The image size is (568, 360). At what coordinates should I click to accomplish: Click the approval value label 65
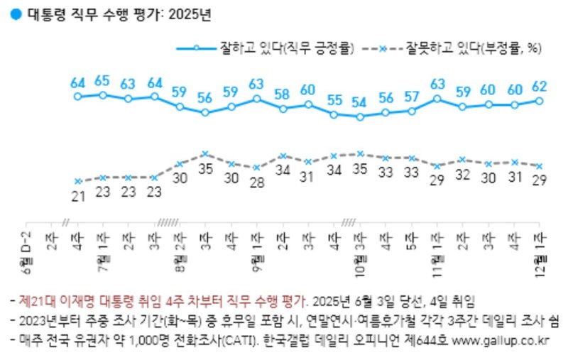point(103,80)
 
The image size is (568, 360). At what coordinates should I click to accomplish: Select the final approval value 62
point(539,87)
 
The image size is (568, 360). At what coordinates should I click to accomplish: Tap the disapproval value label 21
point(77,195)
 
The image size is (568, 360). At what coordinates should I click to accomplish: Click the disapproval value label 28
point(257,182)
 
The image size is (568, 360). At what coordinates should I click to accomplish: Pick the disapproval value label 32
point(463,175)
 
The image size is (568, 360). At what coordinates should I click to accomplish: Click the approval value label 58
point(283,94)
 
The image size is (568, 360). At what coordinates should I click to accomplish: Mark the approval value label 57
point(411,97)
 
